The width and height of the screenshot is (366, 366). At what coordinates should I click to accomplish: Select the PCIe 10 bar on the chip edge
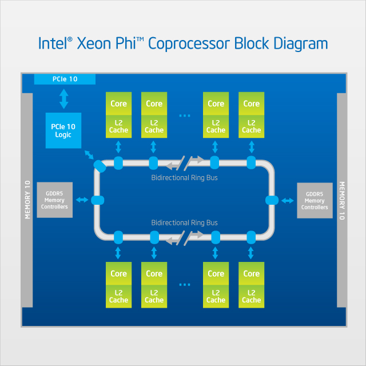[x=65, y=79]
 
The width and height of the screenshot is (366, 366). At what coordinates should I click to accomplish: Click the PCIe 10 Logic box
[x=63, y=130]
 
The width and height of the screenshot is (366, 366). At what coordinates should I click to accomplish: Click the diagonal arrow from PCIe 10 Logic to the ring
[x=89, y=155]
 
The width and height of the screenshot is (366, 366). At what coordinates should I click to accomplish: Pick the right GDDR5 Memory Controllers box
[x=315, y=200]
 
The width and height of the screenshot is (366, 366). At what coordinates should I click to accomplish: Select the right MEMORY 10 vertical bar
[x=341, y=200]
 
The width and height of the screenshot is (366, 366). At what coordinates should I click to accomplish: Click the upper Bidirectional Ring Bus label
[x=184, y=178]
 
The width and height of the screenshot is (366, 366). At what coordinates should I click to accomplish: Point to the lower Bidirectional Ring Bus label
[x=184, y=222]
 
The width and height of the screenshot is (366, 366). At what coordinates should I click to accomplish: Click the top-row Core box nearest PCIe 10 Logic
[x=119, y=104]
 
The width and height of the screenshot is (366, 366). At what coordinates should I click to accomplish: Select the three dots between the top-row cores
[x=184, y=116]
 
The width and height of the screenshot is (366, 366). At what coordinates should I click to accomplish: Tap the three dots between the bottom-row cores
[x=184, y=284]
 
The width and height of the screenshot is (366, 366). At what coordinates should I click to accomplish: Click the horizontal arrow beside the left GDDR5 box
[x=82, y=200]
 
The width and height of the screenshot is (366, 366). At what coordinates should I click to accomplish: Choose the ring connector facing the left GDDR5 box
[x=97, y=200]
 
